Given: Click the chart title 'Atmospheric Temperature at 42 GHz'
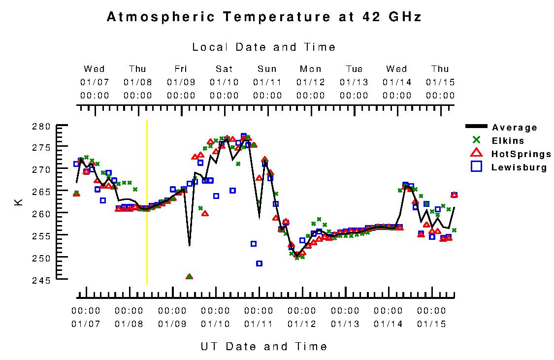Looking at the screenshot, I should pyautogui.click(x=264, y=17).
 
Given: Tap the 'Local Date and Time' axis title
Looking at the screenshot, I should pyautogui.click(x=264, y=47).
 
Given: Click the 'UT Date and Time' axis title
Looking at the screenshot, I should pyautogui.click(x=264, y=346).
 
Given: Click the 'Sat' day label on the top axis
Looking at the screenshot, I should pyautogui.click(x=224, y=69).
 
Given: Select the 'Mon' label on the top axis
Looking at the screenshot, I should pyautogui.click(x=311, y=69).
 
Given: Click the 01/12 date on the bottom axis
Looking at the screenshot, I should pyautogui.click(x=302, y=324).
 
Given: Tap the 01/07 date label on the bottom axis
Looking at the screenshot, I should pyautogui.click(x=86, y=324).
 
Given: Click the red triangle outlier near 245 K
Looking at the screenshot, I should pyautogui.click(x=189, y=277).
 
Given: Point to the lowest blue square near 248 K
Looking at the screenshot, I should pyautogui.click(x=259, y=263).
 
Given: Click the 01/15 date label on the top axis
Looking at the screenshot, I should pyautogui.click(x=440, y=82).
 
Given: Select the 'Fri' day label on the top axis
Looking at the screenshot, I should pyautogui.click(x=181, y=69).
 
